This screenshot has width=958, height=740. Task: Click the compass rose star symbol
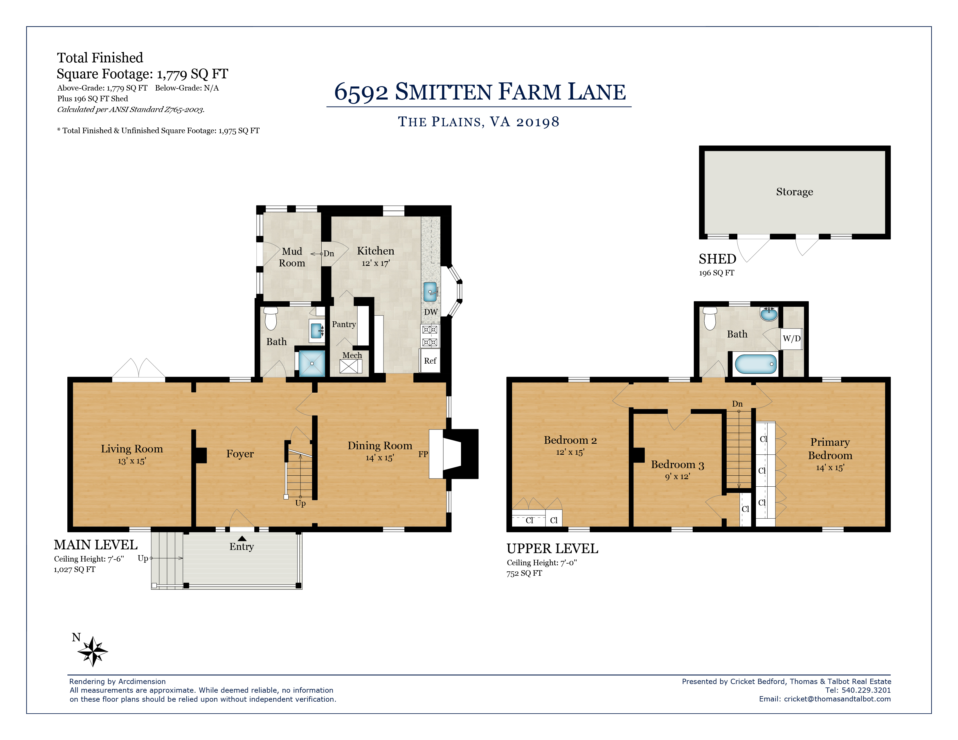(93, 651)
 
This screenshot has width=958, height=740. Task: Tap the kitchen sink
(430, 292)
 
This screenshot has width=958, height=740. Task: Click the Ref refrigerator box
(430, 361)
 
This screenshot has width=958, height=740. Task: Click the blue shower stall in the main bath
(312, 363)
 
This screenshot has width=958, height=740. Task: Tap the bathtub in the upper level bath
(755, 364)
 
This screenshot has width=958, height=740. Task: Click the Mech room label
(352, 355)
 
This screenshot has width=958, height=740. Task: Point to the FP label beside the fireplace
(423, 454)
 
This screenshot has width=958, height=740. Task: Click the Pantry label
(344, 324)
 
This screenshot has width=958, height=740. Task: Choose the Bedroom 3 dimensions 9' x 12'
(677, 477)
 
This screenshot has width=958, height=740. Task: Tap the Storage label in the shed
(794, 192)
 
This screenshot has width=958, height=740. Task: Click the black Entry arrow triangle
(242, 538)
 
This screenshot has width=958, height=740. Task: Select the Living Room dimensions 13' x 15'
(132, 461)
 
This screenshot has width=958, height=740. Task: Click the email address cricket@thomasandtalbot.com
(837, 699)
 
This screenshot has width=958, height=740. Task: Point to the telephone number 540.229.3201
(866, 690)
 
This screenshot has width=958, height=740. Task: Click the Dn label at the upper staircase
(737, 404)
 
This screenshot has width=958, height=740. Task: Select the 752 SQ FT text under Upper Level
(524, 573)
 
